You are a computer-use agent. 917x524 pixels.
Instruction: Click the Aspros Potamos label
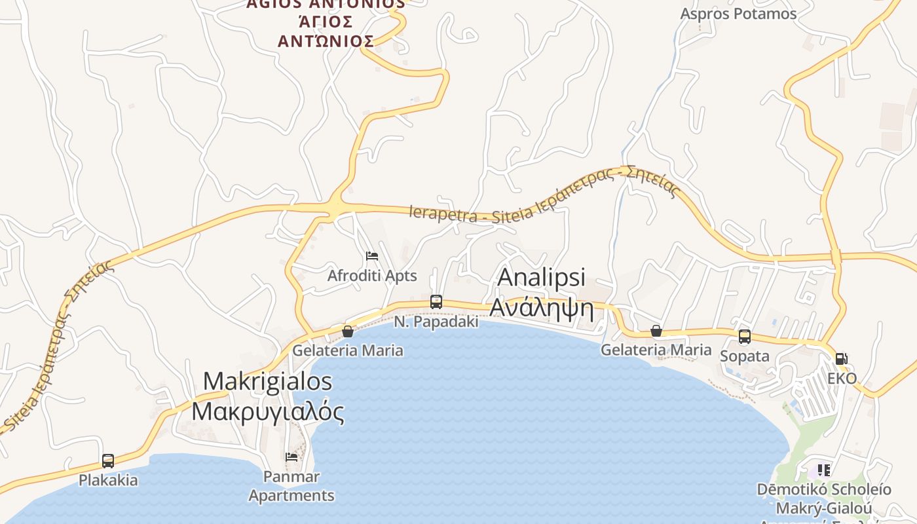pos(738,14)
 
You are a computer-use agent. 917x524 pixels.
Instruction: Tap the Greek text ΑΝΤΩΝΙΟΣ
pos(326,41)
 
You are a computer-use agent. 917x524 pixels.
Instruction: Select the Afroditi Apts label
pos(372,276)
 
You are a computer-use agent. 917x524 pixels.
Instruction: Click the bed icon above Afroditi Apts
pos(372,255)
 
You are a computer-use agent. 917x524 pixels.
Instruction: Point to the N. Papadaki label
pos(436,322)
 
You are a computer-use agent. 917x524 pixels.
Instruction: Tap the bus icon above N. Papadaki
pos(436,302)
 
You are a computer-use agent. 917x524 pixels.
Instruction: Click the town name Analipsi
pos(541,277)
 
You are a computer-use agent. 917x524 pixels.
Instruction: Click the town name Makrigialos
pos(267,381)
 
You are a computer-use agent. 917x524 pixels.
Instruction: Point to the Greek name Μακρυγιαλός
pos(267,411)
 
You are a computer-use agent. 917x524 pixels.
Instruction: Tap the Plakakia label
pos(108,480)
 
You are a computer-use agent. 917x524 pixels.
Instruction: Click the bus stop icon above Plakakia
pos(108,461)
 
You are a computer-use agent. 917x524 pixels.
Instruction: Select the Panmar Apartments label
pos(291,487)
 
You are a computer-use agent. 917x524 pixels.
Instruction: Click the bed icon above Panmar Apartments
pos(291,457)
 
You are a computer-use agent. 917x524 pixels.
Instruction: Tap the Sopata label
pos(745,356)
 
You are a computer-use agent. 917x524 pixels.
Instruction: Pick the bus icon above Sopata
pos(745,337)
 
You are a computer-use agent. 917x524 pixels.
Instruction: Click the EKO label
pos(842,379)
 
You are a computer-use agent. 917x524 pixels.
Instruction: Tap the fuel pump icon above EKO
pos(842,359)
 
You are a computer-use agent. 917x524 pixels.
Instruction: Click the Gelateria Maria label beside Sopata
pos(656,350)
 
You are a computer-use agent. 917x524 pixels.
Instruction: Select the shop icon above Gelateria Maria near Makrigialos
pos(348,331)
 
